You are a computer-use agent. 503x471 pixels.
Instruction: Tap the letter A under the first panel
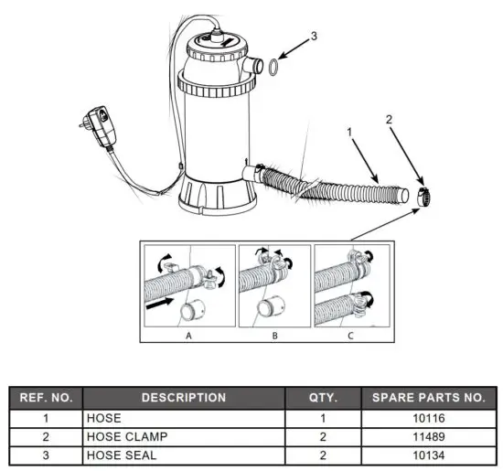pyautogui.click(x=188, y=334)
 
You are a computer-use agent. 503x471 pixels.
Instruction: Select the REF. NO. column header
pyautogui.click(x=46, y=398)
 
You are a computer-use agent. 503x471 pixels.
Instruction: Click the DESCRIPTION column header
pyautogui.click(x=183, y=398)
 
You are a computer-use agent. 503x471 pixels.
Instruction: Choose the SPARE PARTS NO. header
pyautogui.click(x=429, y=398)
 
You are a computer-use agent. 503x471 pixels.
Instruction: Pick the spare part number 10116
pyautogui.click(x=429, y=417)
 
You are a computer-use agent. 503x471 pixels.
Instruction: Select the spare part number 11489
pyautogui.click(x=429, y=436)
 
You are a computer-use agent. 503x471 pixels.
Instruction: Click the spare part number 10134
pyautogui.click(x=429, y=455)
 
